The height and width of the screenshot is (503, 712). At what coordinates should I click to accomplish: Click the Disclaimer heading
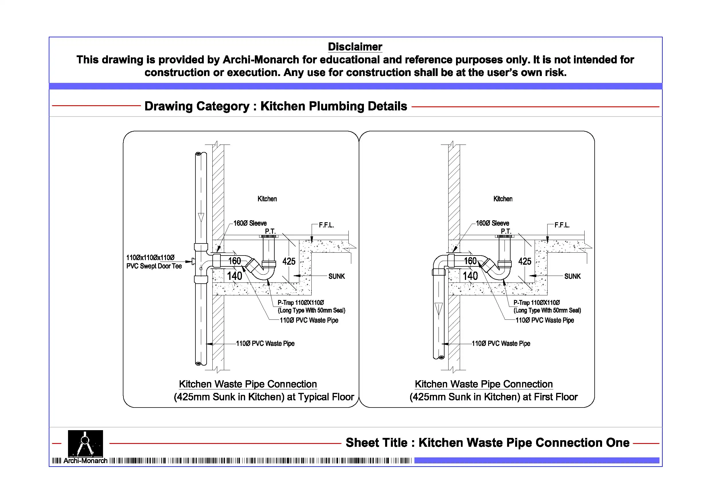[x=355, y=47]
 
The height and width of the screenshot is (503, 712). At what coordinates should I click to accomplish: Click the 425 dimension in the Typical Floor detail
[x=289, y=261]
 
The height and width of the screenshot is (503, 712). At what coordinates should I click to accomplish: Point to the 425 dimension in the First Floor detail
[x=524, y=261]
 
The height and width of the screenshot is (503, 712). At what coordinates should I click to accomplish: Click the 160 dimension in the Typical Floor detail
[x=234, y=261]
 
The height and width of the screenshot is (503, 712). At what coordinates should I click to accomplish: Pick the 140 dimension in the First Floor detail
[x=470, y=276]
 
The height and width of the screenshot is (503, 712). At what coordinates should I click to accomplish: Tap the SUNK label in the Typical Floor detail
[x=336, y=276]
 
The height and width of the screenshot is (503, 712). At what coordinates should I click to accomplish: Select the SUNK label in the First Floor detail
[x=572, y=276]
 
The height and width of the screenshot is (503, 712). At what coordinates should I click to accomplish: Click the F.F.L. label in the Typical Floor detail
[x=326, y=225]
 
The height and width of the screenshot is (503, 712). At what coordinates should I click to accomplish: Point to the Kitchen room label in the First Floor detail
[x=503, y=199]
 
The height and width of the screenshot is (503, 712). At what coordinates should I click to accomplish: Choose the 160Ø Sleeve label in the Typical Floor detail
[x=250, y=223]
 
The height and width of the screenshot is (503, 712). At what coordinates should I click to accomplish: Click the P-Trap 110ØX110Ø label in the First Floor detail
[x=536, y=303]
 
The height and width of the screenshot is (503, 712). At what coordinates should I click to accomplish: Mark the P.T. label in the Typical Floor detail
[x=270, y=231]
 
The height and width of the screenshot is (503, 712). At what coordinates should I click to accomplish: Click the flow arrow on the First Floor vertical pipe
[x=439, y=309]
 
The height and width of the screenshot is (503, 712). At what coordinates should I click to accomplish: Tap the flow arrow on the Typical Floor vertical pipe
[x=201, y=217]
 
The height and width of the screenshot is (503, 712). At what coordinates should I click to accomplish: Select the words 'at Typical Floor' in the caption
[x=320, y=397]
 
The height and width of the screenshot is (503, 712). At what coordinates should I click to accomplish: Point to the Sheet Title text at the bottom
[x=487, y=442]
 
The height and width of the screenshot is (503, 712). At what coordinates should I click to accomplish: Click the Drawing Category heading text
[x=276, y=106]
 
